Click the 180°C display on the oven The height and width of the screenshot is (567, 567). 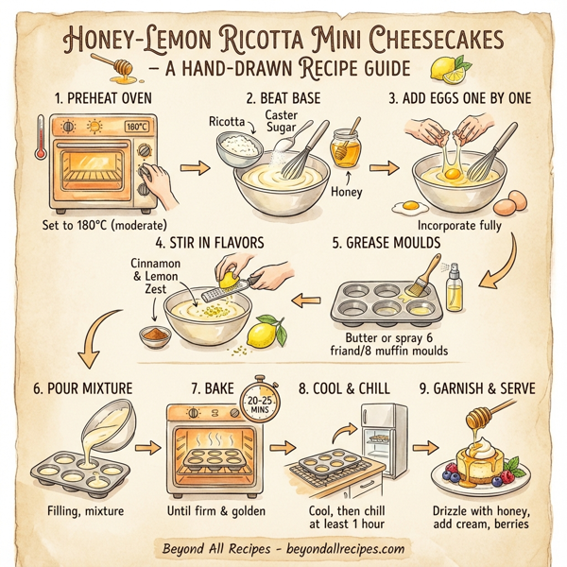136,126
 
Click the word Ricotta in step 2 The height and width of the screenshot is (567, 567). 225,122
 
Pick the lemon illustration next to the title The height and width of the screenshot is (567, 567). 447,68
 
